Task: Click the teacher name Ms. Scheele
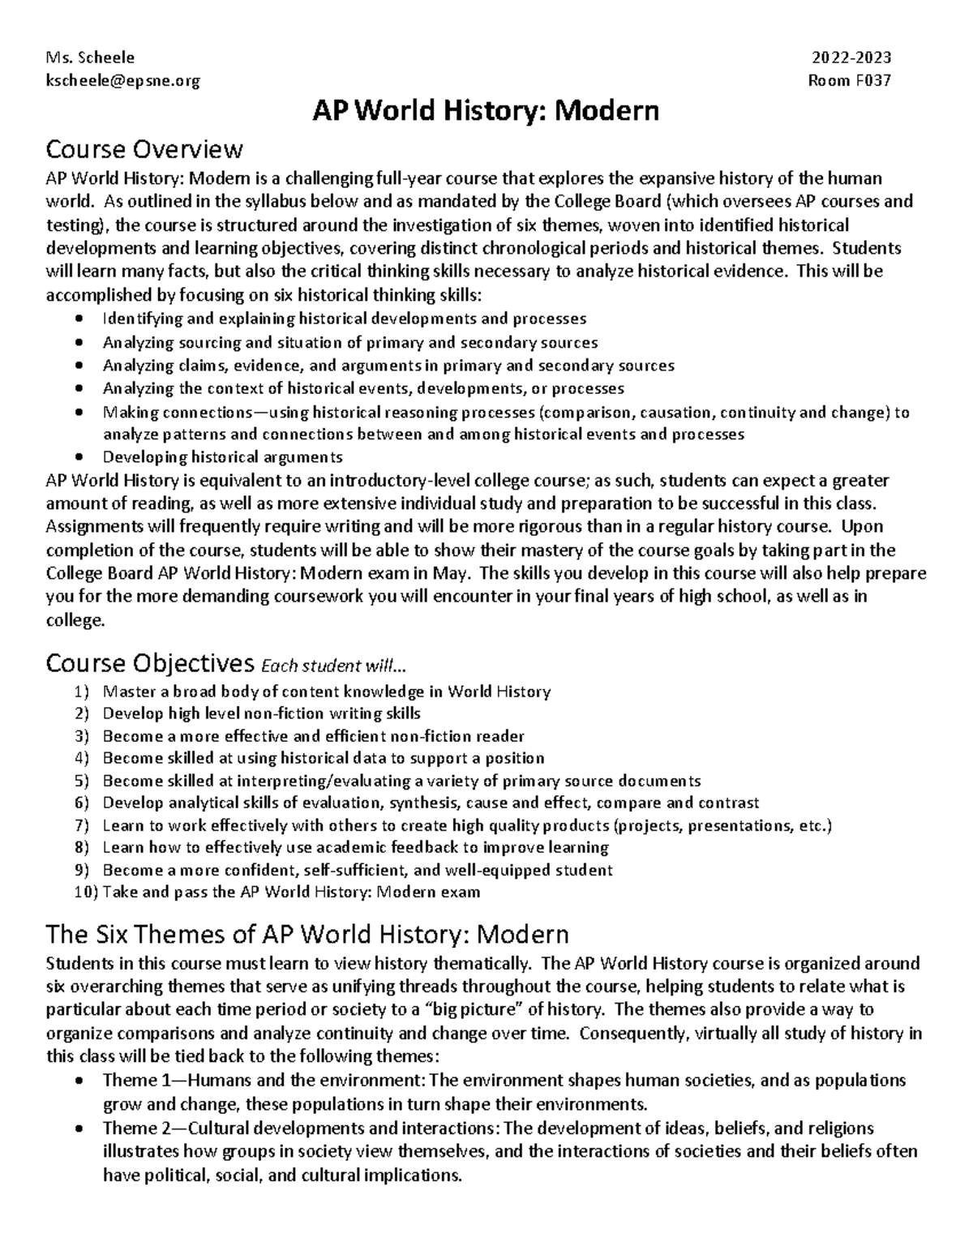click(x=91, y=58)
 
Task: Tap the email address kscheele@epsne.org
click(x=122, y=81)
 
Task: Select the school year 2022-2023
click(x=851, y=58)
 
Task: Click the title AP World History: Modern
click(x=486, y=111)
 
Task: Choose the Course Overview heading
click(x=144, y=150)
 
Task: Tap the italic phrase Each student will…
click(x=331, y=666)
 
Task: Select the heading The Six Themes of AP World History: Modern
click(x=307, y=935)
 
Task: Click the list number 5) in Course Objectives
click(x=79, y=782)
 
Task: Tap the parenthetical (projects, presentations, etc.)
click(x=722, y=826)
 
